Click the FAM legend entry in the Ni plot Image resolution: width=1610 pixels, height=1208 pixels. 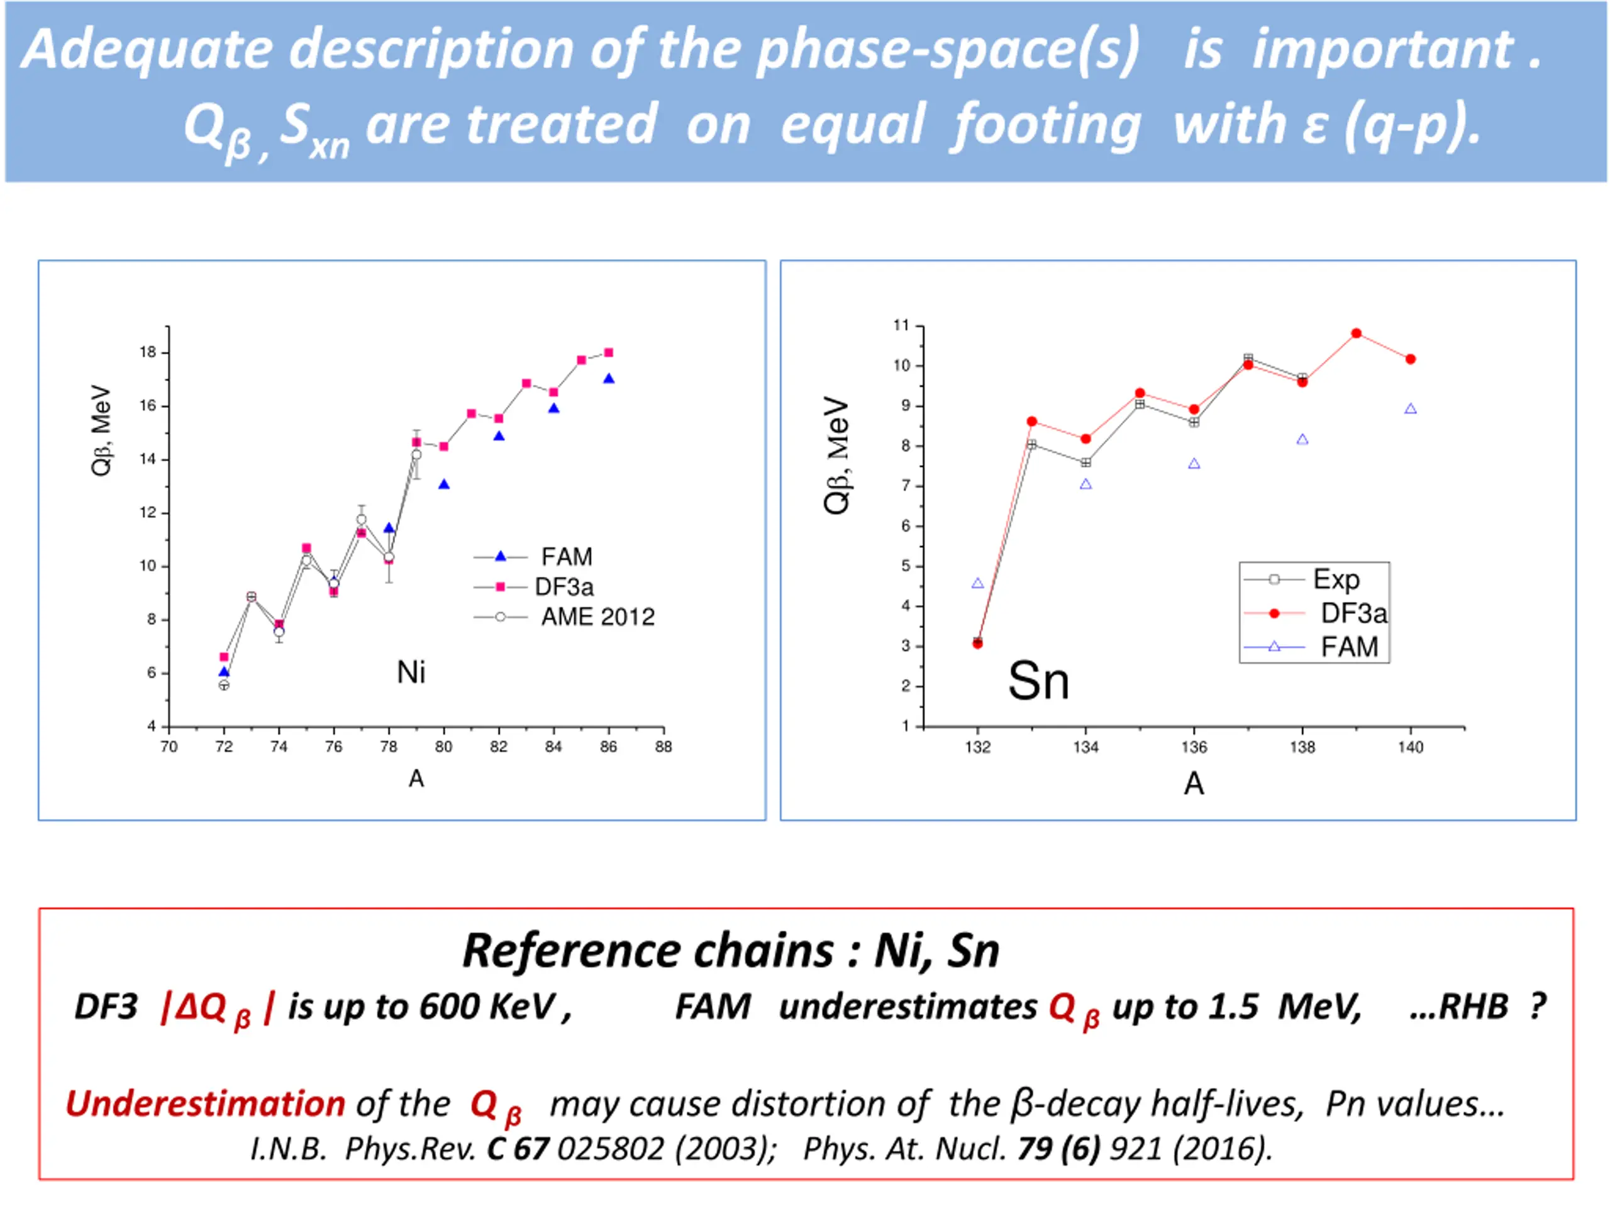(565, 557)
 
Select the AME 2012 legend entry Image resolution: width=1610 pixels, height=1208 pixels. (597, 617)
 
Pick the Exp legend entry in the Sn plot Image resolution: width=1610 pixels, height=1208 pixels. (1336, 579)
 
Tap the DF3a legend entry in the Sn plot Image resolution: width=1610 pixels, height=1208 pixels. (1353, 614)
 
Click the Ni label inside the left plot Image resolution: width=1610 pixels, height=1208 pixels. (411, 672)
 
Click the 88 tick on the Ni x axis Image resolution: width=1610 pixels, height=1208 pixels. (663, 747)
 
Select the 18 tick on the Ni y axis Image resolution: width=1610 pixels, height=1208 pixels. (148, 352)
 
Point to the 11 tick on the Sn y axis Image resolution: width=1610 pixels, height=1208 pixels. (902, 325)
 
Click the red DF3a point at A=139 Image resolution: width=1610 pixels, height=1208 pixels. (1357, 333)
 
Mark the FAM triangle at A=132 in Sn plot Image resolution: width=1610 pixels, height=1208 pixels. (977, 583)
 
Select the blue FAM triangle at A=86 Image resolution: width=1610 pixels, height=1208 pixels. (609, 379)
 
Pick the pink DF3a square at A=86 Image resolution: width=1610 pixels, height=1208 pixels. (609, 353)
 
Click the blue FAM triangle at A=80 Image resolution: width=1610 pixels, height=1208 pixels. (444, 484)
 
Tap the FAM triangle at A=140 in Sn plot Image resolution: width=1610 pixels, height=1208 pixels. (1411, 409)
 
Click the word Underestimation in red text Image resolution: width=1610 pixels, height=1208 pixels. (205, 1104)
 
